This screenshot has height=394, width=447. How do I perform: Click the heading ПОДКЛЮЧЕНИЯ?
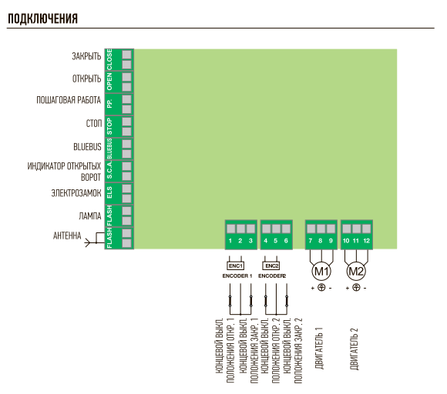42,18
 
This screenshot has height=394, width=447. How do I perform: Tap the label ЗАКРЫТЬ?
86,56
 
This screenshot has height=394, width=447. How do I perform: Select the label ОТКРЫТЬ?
86,78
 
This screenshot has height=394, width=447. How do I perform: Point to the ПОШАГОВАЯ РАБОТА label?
69,100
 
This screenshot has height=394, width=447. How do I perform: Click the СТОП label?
94,124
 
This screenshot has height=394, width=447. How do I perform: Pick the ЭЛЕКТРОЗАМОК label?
76,193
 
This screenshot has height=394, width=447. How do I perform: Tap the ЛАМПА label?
90,216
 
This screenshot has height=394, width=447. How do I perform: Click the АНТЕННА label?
67,235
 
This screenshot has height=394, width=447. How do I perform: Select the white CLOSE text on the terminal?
109,59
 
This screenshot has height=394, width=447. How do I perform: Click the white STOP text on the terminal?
109,126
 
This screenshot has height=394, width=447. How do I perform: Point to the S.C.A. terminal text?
109,171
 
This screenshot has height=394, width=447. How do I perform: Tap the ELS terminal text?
109,192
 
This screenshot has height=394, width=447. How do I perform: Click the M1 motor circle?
321,272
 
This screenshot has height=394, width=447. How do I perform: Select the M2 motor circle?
356,272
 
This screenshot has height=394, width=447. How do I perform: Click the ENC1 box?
236,266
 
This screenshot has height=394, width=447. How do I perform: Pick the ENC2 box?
271,266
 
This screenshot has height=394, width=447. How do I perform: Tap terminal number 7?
311,241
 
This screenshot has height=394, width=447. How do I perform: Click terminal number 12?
366,241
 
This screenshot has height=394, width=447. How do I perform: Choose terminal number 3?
250,241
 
